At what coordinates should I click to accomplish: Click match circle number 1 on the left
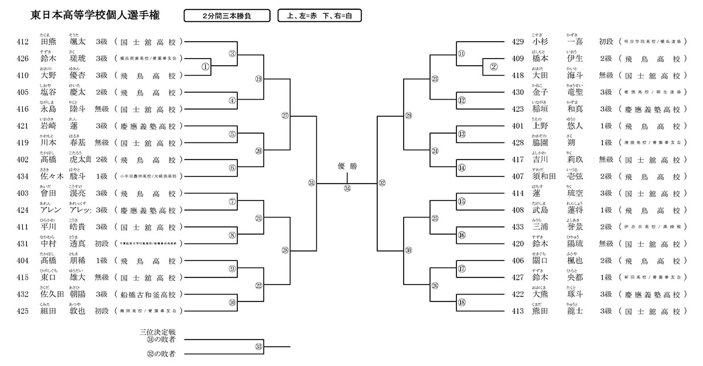click(206, 67)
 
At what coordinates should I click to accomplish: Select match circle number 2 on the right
click(493, 67)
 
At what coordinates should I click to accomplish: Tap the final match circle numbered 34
click(347, 188)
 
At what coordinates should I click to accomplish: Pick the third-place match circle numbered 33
click(258, 347)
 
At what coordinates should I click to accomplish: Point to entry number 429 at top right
click(517, 42)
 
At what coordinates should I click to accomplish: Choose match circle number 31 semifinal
click(312, 184)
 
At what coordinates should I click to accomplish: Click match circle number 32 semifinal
click(382, 184)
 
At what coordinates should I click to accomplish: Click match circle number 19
click(258, 79)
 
